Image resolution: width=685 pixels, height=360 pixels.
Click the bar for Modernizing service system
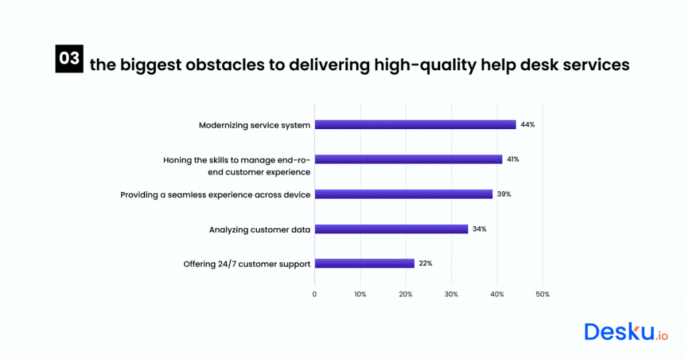point(415,124)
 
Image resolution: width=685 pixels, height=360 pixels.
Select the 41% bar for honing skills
point(408,159)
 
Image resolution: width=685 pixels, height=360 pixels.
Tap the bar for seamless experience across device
point(403,194)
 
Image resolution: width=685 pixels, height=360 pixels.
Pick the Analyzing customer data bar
point(391,229)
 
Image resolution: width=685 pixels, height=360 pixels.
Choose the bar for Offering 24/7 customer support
point(365,264)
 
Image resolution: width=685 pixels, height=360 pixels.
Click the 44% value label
point(528,124)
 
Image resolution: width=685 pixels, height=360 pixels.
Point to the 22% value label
point(425,264)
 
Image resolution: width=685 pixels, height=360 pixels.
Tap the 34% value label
point(480,229)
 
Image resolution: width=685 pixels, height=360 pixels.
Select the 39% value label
point(504,194)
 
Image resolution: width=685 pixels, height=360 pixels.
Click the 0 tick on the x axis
point(314,294)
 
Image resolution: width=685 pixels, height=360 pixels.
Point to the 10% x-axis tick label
point(360,294)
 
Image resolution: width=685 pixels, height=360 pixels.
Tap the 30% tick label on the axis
point(452,294)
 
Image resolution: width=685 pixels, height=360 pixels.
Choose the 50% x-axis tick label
point(543,294)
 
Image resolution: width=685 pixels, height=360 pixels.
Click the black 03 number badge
point(69,59)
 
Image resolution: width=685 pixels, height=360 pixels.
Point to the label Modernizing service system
point(254,125)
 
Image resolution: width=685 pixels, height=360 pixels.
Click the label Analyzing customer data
point(260,230)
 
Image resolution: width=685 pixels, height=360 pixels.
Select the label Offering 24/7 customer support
point(247,264)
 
